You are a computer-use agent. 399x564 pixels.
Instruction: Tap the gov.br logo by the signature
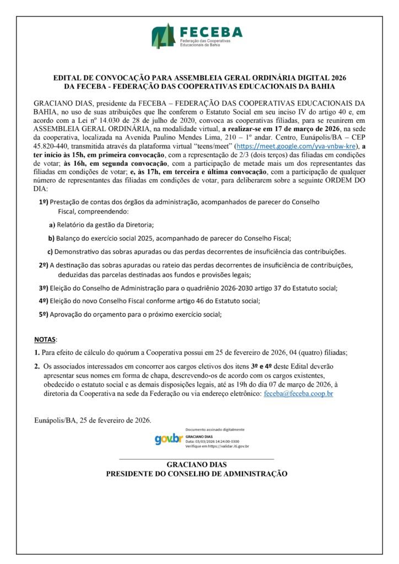pyautogui.click(x=169, y=439)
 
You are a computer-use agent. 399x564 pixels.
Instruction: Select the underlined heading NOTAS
pyautogui.click(x=45, y=338)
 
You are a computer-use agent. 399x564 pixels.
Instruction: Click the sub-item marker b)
pyautogui.click(x=51, y=238)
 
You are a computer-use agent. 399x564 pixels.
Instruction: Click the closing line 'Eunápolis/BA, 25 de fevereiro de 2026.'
pyautogui.click(x=93, y=420)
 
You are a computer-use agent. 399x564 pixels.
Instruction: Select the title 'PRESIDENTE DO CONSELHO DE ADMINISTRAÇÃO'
pyautogui.click(x=196, y=473)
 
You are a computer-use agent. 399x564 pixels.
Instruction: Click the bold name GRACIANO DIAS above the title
pyautogui.click(x=196, y=464)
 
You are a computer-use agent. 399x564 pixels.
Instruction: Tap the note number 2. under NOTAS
pyautogui.click(x=36, y=366)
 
